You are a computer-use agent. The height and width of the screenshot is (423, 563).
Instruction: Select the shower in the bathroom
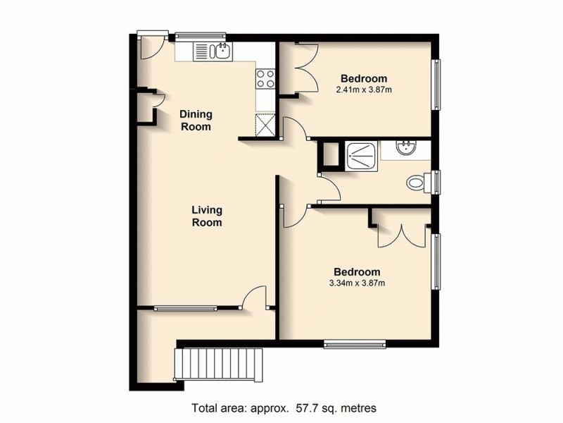[360, 155]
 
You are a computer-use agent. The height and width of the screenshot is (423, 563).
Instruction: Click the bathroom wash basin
[407, 149]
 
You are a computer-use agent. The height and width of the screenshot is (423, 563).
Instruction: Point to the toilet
[419, 183]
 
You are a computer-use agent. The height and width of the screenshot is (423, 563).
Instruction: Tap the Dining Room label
[196, 121]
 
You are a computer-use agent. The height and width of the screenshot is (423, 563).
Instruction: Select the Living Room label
[207, 216]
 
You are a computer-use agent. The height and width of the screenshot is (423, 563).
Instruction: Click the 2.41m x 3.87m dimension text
[364, 90]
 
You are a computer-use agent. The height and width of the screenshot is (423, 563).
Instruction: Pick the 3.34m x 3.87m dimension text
[357, 283]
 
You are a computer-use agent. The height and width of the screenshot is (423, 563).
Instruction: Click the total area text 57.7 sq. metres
[284, 408]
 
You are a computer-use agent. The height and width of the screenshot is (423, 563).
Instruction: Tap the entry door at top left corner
[150, 46]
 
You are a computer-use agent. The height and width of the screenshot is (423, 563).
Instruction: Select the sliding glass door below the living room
[186, 307]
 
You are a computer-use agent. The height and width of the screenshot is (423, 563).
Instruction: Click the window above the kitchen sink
[201, 35]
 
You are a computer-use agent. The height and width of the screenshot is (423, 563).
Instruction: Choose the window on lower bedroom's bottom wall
[355, 344]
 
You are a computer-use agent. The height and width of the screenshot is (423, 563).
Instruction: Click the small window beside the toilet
[437, 183]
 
